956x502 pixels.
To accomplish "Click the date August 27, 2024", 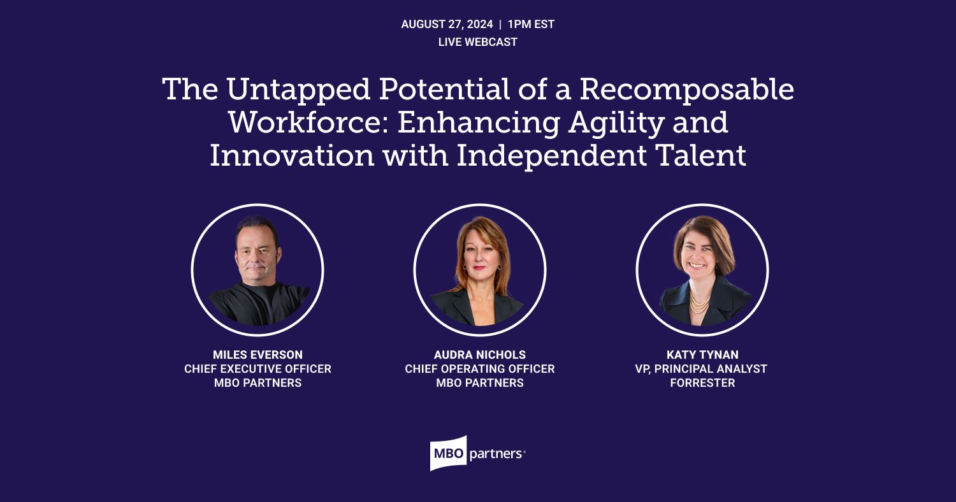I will coord(447,25).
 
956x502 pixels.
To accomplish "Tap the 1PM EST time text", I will coord(531,25).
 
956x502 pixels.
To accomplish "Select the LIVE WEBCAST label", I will coord(477,43).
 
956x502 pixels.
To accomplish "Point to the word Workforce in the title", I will coord(307,122).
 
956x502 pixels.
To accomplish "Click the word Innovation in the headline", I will coord(293,155).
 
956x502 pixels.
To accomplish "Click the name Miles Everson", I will coord(257,355).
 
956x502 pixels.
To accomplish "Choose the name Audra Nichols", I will coord(479,355).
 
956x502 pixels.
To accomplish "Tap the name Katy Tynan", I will coord(702,355).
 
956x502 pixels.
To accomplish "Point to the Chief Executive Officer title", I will coord(257,369).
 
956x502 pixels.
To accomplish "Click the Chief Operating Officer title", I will coord(479,369).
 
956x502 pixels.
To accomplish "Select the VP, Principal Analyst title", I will coord(702,369).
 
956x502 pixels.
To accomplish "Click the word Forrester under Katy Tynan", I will coord(702,383).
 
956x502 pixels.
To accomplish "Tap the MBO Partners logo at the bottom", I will coord(477,454).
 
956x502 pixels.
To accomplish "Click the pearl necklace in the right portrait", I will coord(699,302).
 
